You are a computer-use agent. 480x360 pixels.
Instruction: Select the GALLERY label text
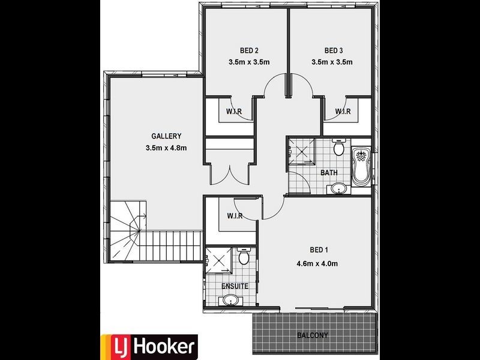pos(166,136)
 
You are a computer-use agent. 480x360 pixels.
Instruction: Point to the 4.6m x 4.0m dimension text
pos(317,263)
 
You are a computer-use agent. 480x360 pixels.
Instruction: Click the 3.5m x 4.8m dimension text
pos(166,148)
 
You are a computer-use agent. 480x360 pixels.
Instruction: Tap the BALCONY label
pos(313,335)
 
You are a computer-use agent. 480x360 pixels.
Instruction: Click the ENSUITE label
pos(235,286)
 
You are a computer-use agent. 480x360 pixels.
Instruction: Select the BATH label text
pos(329,173)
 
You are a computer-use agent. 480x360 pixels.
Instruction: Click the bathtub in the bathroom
pos(361,166)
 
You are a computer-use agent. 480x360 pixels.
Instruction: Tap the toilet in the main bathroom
pos(338,148)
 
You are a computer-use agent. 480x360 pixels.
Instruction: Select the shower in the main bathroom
pos(302,152)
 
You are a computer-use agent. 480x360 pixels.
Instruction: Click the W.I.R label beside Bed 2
pos(233,112)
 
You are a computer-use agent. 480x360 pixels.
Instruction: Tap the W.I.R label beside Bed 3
pos(343,112)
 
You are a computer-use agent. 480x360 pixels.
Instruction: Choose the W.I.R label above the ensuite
pos(234,216)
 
